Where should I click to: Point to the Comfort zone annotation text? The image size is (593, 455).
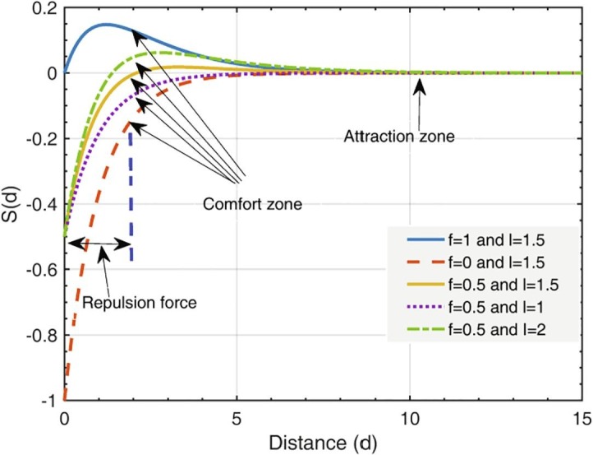click(x=251, y=202)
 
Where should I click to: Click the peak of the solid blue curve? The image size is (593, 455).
click(x=107, y=25)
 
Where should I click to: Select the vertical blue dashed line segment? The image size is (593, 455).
click(x=131, y=197)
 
